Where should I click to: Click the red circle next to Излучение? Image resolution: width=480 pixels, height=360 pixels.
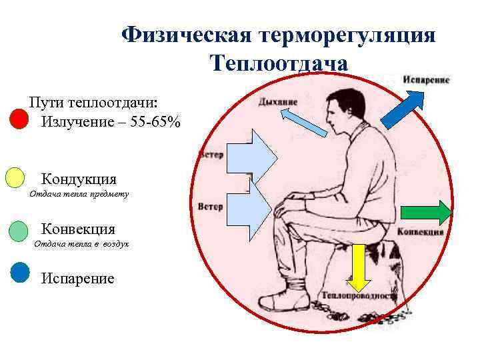19,119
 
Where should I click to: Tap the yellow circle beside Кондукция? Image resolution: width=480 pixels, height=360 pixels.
15,178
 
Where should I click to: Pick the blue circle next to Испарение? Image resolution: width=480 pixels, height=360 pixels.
21,273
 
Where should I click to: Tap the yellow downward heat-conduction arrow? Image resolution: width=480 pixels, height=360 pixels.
358,265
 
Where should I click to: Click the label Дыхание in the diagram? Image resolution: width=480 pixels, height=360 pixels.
278,101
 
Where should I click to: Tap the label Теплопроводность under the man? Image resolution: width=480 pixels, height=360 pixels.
360,295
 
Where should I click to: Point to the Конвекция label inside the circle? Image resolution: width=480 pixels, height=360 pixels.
420,232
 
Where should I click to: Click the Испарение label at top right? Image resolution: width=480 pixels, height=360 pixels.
426,79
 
